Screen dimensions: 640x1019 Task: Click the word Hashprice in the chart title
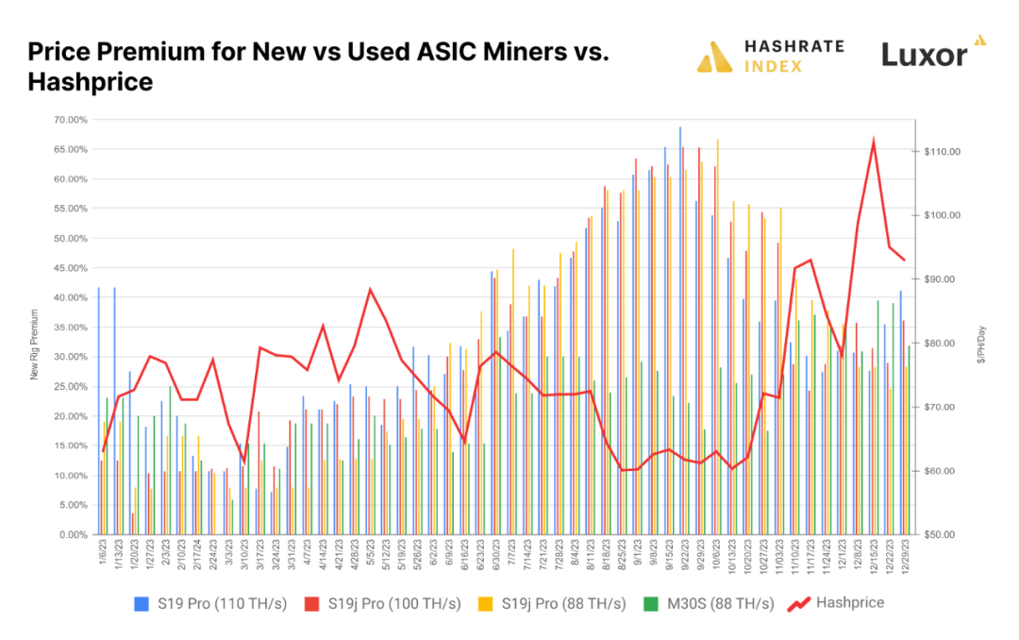click(x=90, y=83)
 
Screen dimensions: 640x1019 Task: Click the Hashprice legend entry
click(x=835, y=602)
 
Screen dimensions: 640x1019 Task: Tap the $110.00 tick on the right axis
click(x=943, y=152)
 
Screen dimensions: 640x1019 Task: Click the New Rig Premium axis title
click(x=35, y=344)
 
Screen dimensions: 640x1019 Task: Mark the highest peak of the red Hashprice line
click(x=874, y=140)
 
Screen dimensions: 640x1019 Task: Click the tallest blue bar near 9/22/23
click(x=679, y=330)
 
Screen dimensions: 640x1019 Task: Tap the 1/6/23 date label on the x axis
click(x=100, y=554)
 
